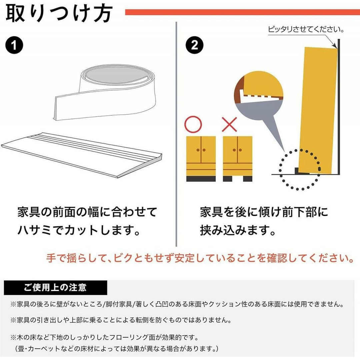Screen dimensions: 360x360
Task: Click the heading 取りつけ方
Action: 59,13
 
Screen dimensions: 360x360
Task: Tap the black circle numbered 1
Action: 14,45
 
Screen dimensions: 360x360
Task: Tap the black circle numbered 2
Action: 194,45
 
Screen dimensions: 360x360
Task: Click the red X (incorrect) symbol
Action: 229,124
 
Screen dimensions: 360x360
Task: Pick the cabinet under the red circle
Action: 201,159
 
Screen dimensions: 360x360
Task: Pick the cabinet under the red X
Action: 238,159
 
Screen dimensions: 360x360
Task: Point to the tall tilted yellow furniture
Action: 318,110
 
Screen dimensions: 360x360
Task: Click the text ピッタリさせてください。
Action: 306,29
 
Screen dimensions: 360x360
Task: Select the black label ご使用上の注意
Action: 55,287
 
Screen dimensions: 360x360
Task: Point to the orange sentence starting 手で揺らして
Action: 200,258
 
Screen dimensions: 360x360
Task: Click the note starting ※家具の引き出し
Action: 121,320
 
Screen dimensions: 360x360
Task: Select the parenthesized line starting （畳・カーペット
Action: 116,349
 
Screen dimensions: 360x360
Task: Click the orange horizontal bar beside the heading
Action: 242,12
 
